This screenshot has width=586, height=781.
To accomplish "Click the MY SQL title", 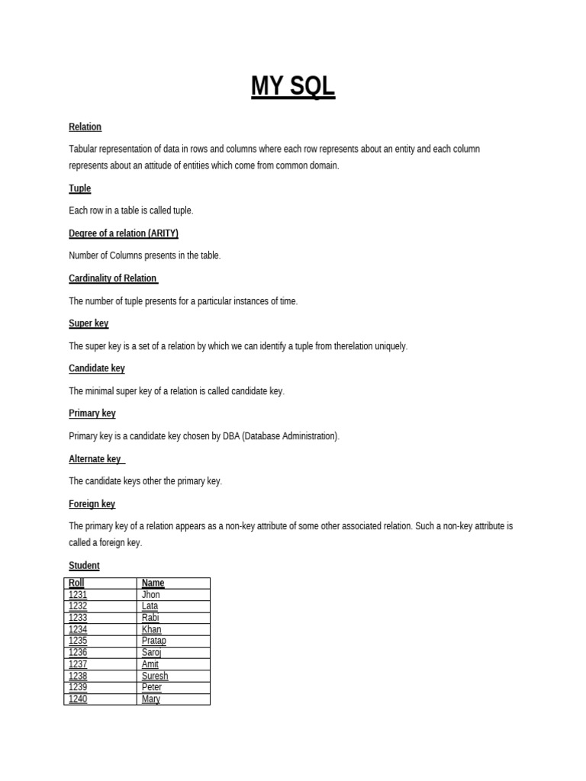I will [x=293, y=87].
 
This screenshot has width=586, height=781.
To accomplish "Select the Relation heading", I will [x=85, y=127].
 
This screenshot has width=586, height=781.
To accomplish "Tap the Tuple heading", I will [x=79, y=188].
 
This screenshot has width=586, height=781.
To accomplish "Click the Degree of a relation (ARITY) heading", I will [x=124, y=233].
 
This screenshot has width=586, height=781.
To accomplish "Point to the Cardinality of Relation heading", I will [x=113, y=278].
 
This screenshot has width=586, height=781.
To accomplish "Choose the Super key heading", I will [x=89, y=323].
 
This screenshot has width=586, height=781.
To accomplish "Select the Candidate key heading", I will [x=96, y=368].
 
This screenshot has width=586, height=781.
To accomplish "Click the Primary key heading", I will [x=92, y=413].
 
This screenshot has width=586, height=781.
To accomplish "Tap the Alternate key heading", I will [x=95, y=459].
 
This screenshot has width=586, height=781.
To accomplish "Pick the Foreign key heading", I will [x=92, y=504].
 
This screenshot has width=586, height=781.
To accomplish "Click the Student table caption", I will [x=84, y=566].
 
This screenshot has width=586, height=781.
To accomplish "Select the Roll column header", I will [x=76, y=583].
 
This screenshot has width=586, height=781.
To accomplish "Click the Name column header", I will [x=153, y=583].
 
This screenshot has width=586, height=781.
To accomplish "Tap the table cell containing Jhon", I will [x=150, y=595].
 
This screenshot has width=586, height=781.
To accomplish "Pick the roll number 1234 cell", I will [x=78, y=630].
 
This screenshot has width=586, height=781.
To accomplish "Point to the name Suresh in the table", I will [x=155, y=677].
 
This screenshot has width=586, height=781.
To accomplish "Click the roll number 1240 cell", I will [x=78, y=699].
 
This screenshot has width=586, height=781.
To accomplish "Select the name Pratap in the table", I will [x=153, y=641].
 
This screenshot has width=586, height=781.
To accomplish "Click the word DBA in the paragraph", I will [x=231, y=436].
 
